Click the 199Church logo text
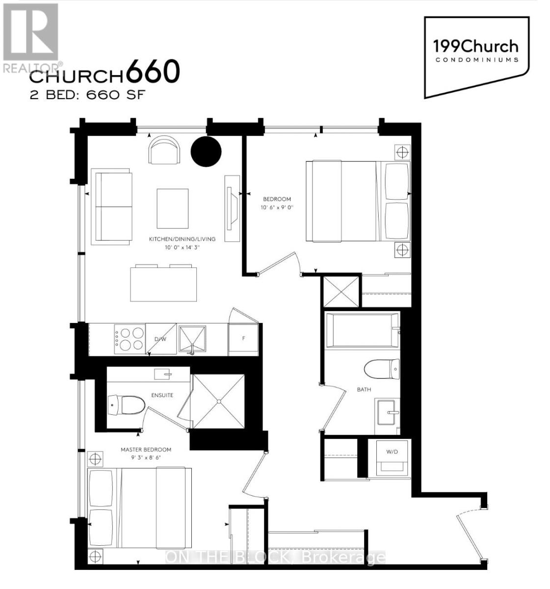click(x=475, y=47)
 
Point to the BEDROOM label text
click(x=277, y=199)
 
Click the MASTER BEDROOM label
click(x=146, y=450)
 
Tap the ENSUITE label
click(x=162, y=395)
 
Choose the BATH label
click(x=364, y=389)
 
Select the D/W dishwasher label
click(x=160, y=340)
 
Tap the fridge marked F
click(x=243, y=339)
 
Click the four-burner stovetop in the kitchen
click(x=129, y=339)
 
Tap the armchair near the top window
click(x=164, y=150)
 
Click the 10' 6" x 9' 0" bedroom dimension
click(x=277, y=208)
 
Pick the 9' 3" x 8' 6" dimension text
click(x=146, y=457)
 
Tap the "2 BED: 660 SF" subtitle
click(x=87, y=95)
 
